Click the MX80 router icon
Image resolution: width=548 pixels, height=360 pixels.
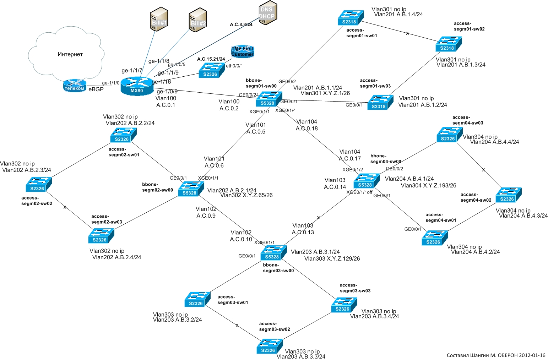pyautogui.click(x=137, y=86)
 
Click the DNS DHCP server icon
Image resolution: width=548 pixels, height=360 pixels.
pyautogui.click(x=267, y=13)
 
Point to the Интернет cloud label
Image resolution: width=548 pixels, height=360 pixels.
pyautogui.click(x=70, y=54)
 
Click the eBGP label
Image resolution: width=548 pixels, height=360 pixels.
pyautogui.click(x=96, y=89)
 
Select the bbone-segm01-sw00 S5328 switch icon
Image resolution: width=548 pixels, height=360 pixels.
pyautogui.click(x=269, y=99)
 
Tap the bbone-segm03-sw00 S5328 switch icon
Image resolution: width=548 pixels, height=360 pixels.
pyautogui.click(x=273, y=252)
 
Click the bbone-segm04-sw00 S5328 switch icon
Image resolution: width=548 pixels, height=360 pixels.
pyautogui.click(x=367, y=181)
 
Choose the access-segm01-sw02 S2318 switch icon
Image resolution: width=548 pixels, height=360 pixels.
pyautogui.click(x=448, y=44)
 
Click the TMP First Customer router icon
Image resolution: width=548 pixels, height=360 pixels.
pyautogui.click(x=243, y=51)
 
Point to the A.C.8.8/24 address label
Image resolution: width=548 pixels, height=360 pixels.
pyautogui.click(x=241, y=24)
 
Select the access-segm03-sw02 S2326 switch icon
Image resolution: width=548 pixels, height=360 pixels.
pyautogui.click(x=270, y=346)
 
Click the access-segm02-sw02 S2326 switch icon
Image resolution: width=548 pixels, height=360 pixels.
pyautogui.click(x=39, y=184)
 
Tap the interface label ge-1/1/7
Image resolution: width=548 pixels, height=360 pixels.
pyautogui.click(x=132, y=71)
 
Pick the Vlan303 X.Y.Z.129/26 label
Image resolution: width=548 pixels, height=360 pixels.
pyautogui.click(x=332, y=258)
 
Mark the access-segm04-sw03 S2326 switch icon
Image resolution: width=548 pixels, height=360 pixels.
pyautogui.click(x=449, y=135)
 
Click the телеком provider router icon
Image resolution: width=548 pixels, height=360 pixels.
pyautogui.click(x=75, y=86)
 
